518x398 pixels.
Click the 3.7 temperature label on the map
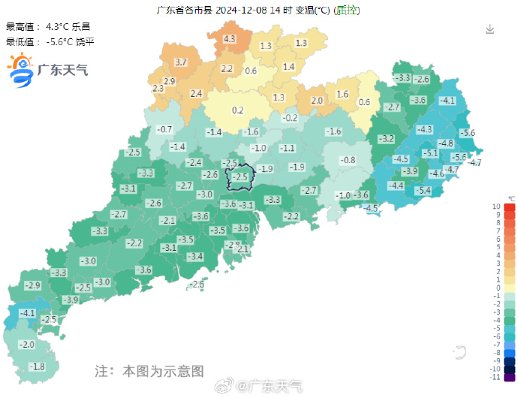pyautogui.click(x=180, y=62)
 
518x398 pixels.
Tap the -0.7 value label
pyautogui.click(x=164, y=129)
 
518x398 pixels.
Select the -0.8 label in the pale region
pyautogui.click(x=348, y=161)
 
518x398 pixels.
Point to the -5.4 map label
pyautogui.click(x=423, y=191)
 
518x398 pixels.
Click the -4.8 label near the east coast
pyautogui.click(x=445, y=143)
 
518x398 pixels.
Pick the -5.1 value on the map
pyautogui.click(x=430, y=153)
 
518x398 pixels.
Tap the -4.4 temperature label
pyautogui.click(x=396, y=185)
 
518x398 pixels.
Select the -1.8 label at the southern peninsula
pyautogui.click(x=37, y=366)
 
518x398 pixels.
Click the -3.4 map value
pyautogui.click(x=195, y=257)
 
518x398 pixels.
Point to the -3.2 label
pyautogui.click(x=386, y=139)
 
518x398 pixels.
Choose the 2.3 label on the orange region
pyautogui.click(x=158, y=89)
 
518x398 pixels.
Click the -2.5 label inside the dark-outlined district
pyautogui.click(x=239, y=177)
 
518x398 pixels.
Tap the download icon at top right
pyautogui.click(x=489, y=29)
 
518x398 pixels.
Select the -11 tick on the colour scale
pyautogui.click(x=495, y=378)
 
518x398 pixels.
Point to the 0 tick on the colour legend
pyautogui.click(x=498, y=288)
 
